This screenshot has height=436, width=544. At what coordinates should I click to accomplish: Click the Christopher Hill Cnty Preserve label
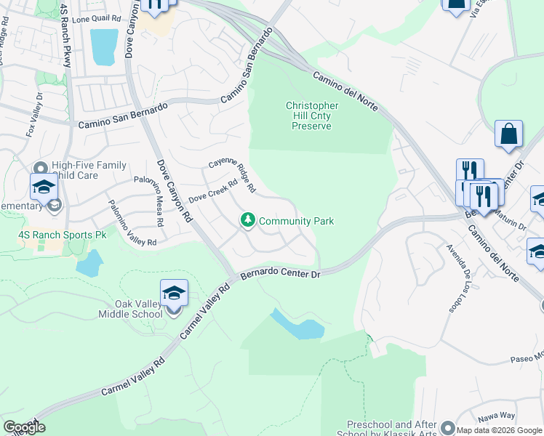point(311,116)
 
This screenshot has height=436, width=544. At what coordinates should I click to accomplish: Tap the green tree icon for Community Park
point(248,220)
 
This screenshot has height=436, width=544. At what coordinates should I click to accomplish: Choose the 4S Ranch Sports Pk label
point(62,235)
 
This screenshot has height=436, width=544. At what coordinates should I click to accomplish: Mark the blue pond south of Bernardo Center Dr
point(298,325)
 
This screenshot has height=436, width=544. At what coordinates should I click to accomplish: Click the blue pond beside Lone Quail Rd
point(104,47)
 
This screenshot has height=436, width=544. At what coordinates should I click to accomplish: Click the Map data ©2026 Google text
point(499,430)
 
